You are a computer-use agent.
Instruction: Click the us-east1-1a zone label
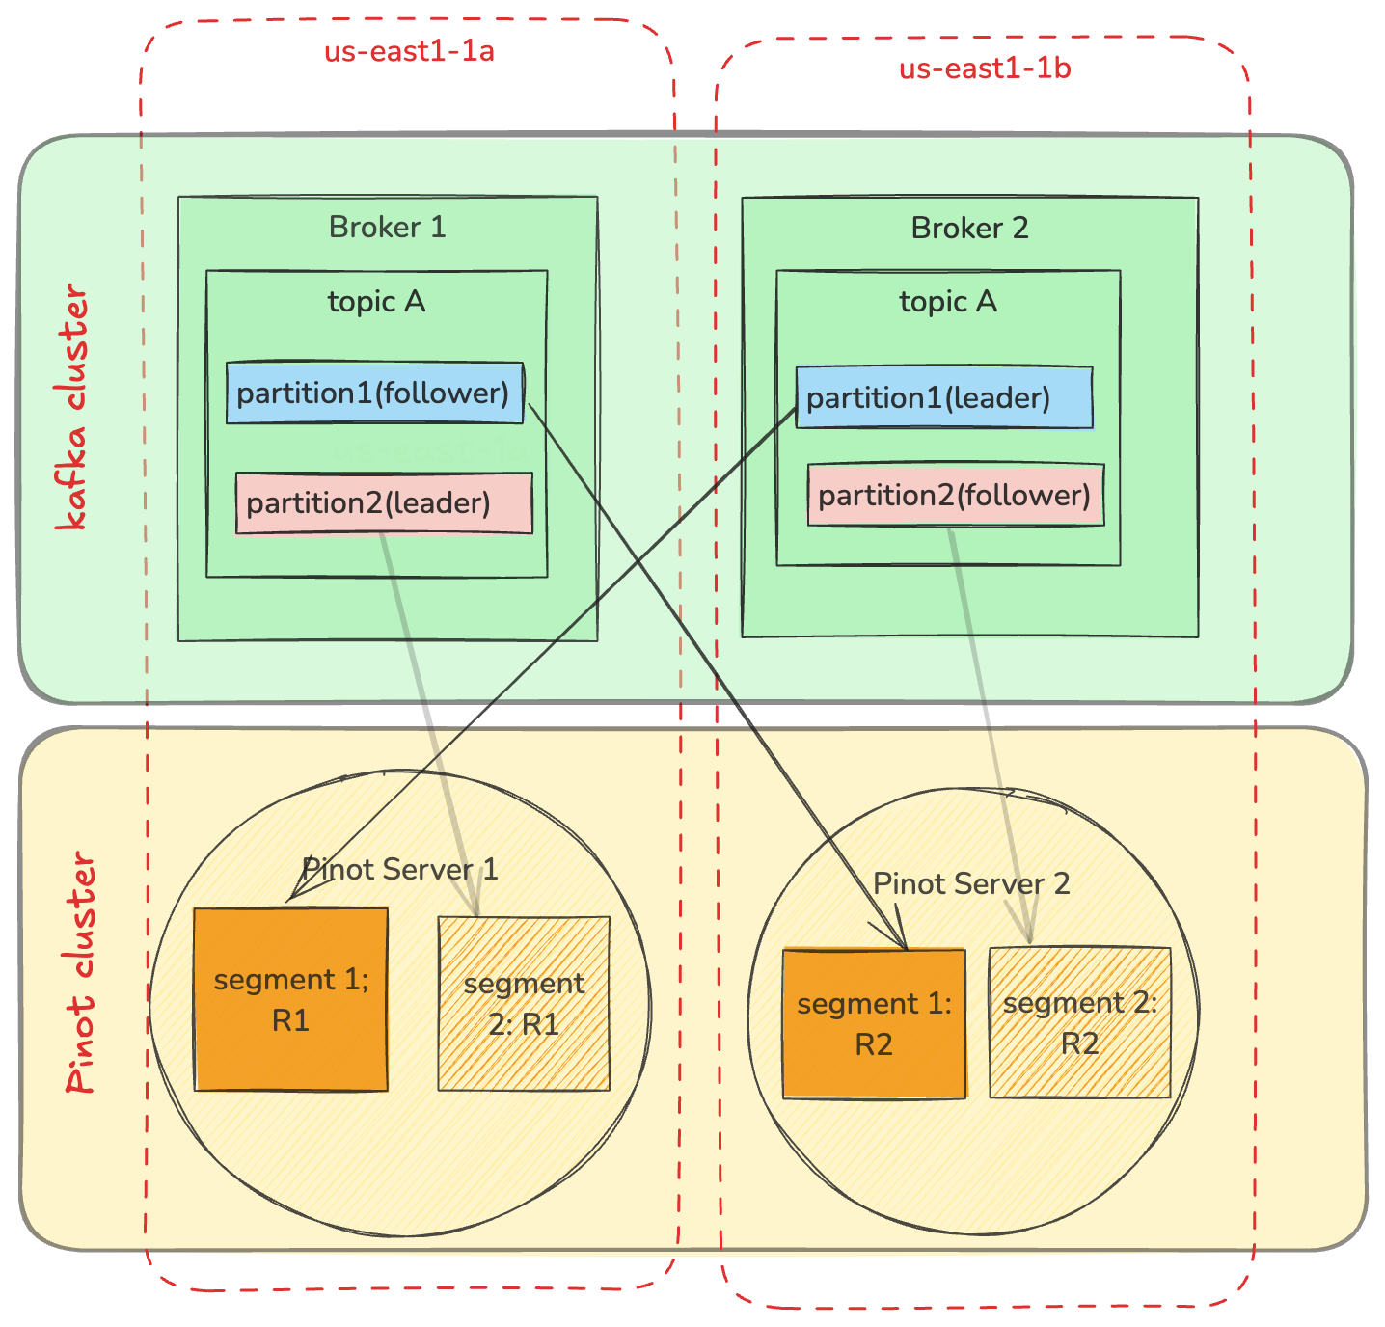(x=409, y=50)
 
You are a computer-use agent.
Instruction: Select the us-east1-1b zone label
(x=985, y=68)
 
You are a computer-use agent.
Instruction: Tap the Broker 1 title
(x=387, y=227)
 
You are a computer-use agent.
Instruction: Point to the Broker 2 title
(x=969, y=228)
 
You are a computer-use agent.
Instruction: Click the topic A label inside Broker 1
(x=376, y=302)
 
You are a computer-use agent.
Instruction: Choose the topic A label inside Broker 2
(x=948, y=302)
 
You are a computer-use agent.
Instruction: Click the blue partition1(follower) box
(x=374, y=393)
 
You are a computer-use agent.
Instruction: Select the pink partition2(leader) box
(x=384, y=502)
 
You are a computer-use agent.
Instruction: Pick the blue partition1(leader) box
(x=943, y=397)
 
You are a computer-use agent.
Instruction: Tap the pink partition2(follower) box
(x=955, y=495)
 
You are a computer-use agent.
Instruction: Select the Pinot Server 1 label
(x=399, y=869)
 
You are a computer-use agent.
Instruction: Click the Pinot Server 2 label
(x=971, y=883)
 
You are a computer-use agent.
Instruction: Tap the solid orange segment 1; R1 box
(x=290, y=999)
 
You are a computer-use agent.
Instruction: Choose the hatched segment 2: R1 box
(x=524, y=1003)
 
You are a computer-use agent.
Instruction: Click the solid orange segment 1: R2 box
(x=874, y=1023)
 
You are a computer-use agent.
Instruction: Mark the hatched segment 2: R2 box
(x=1079, y=1022)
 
